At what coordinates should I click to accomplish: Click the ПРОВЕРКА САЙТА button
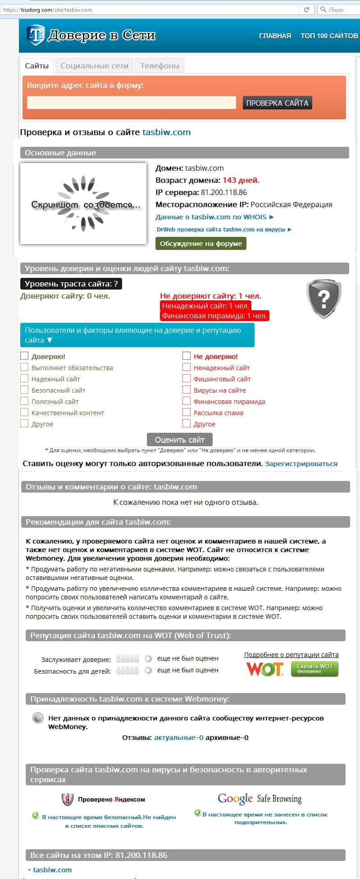click(277, 103)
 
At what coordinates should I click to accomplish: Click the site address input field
click(131, 103)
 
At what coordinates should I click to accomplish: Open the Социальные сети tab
click(94, 66)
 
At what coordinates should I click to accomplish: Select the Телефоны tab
click(159, 66)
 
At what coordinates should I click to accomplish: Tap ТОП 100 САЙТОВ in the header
click(329, 36)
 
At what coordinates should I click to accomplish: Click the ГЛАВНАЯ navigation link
click(275, 36)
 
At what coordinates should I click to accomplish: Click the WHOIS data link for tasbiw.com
click(214, 217)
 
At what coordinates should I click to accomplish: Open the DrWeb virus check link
click(224, 229)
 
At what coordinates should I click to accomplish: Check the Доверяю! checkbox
click(24, 356)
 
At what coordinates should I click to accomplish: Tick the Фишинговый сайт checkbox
click(187, 378)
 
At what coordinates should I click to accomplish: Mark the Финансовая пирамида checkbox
click(187, 401)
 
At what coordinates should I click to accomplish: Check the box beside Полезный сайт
click(24, 401)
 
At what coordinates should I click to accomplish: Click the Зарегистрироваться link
click(301, 464)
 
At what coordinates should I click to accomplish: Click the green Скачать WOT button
click(314, 669)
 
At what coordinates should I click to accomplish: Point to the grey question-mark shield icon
click(324, 298)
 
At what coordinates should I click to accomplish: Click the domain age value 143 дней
click(241, 180)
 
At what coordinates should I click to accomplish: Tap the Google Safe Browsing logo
click(259, 799)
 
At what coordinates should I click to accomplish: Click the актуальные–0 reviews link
click(179, 738)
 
